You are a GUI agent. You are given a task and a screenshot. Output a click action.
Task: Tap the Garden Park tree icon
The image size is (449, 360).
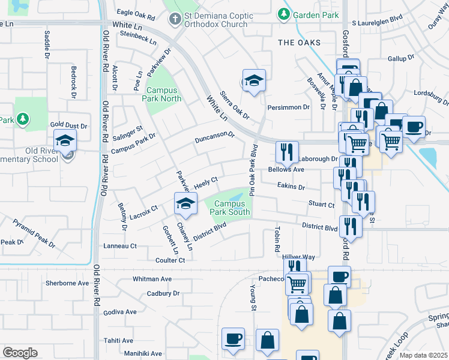(x=282, y=13)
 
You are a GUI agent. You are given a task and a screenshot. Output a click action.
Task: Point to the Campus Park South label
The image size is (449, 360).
(x=228, y=208)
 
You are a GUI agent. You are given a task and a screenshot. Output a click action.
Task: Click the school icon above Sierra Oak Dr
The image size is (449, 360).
(x=254, y=81)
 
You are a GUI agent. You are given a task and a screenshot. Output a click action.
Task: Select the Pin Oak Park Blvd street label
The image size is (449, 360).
(x=253, y=170)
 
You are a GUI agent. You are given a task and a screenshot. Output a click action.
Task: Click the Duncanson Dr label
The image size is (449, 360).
(x=214, y=137)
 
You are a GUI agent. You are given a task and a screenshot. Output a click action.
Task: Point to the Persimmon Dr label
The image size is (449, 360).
(x=288, y=107)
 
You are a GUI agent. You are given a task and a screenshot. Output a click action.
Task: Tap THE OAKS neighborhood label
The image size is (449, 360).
(x=299, y=43)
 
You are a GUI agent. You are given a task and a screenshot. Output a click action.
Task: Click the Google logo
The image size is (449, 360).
(x=20, y=353)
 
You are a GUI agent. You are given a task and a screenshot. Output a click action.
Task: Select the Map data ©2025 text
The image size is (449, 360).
(x=423, y=355)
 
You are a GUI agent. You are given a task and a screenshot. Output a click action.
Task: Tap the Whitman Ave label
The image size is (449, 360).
(x=152, y=279)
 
